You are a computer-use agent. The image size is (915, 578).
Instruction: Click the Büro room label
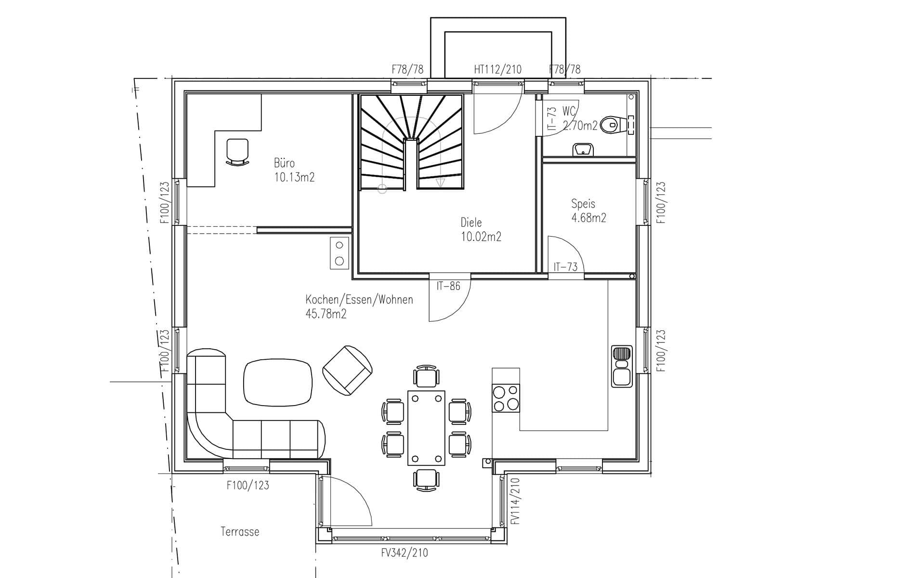[x=284, y=163]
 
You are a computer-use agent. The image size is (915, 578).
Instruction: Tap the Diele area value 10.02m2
[x=481, y=237]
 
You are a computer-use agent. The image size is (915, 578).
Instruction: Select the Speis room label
[x=583, y=204]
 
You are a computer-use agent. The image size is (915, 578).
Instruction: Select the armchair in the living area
[x=348, y=370]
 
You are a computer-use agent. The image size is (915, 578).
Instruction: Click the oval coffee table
[x=277, y=383]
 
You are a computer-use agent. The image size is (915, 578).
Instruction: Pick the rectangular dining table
[x=426, y=428]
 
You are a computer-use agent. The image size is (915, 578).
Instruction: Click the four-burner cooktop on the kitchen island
[x=506, y=398]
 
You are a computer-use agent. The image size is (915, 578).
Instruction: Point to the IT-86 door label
[x=448, y=286]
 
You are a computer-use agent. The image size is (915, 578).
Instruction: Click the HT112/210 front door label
[x=497, y=69]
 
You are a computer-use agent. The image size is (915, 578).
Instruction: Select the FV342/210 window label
[x=405, y=552]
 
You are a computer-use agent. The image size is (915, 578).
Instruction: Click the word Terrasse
[x=240, y=532]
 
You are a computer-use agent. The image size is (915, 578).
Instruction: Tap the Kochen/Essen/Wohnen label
[x=359, y=300]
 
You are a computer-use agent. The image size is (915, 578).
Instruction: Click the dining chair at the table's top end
[x=426, y=377]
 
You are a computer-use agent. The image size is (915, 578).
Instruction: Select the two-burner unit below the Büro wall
[x=340, y=253]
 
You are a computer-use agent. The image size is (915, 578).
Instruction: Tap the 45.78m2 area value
[x=326, y=314]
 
